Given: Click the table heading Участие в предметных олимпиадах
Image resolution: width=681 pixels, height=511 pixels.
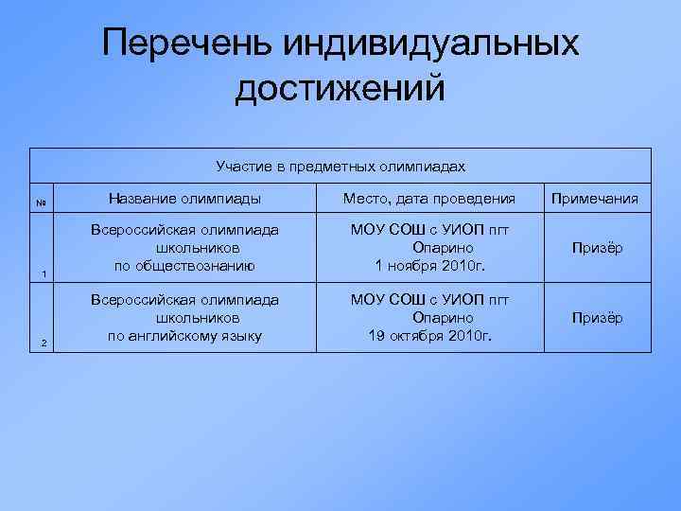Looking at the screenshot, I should [340, 167].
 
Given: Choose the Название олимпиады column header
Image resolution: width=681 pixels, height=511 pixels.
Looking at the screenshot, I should [184, 199].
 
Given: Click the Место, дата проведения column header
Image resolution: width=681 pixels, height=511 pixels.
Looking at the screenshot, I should [429, 199].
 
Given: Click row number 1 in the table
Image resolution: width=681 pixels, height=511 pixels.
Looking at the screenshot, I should [44, 274].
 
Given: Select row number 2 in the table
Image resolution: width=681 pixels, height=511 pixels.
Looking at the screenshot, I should [44, 343].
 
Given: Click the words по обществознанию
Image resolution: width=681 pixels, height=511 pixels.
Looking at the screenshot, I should [184, 265].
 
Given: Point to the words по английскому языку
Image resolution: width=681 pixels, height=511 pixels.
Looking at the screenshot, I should [184, 335].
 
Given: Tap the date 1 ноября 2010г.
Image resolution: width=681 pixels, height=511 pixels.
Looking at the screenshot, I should [429, 265].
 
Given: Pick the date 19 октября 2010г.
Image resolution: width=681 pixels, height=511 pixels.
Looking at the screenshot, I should [429, 335].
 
